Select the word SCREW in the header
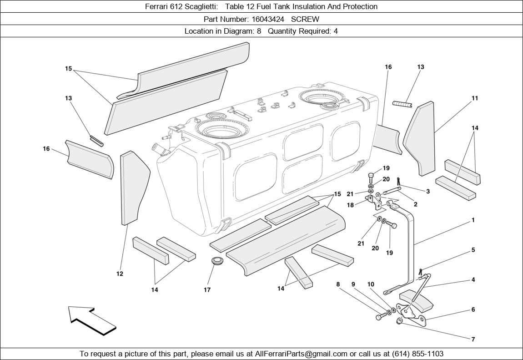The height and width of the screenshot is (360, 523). click(305, 19)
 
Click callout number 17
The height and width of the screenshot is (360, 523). click(207, 289)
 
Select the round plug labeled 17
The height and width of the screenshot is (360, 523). click(217, 263)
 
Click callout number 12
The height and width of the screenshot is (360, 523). click(120, 274)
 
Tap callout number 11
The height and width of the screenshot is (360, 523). click(475, 98)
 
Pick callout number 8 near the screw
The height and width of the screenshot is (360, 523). click(338, 284)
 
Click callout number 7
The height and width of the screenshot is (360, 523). click(473, 339)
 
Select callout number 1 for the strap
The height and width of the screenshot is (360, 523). click(473, 220)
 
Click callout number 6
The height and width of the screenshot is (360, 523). click(473, 309)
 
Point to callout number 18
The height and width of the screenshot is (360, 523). click(350, 205)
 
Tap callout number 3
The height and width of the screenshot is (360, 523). click(428, 192)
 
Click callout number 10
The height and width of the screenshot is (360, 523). click(371, 284)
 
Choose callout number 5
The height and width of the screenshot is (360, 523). click(473, 250)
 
